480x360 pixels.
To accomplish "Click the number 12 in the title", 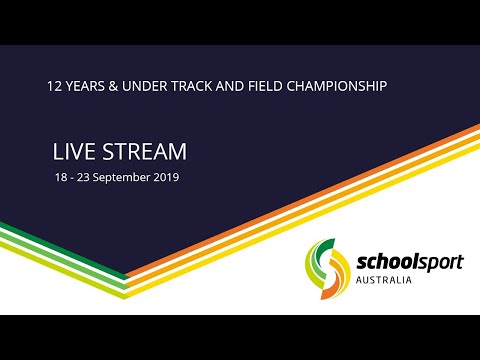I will (55, 86).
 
